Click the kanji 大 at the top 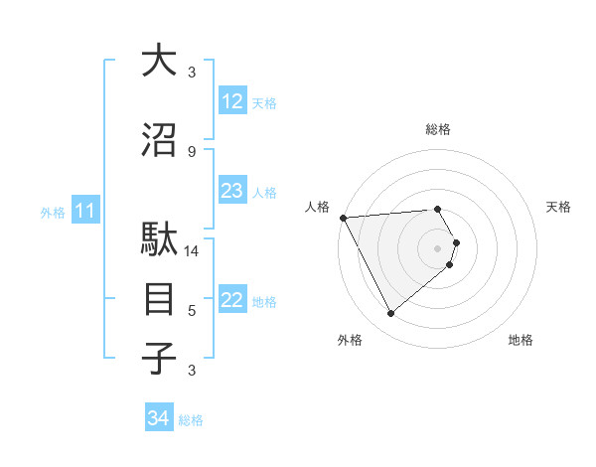pos(159,61)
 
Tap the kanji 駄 pos(159,242)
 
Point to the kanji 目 pos(159,299)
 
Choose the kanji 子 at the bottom pos(159,358)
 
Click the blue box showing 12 pos(231,101)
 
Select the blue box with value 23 pos(231,191)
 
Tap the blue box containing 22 pos(231,300)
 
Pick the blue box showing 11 pos(84,211)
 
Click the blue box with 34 pos(159,418)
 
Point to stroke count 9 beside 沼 pos(192,151)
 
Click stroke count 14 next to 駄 pos(192,251)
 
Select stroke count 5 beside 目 pos(192,311)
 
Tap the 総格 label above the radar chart pos(438,129)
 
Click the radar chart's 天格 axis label pos(559,207)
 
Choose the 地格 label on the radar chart pos(521,340)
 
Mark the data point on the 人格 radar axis pos(343,218)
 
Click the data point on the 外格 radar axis pos(391,314)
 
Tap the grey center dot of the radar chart pos(438,247)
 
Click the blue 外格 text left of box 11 pos(52,212)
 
